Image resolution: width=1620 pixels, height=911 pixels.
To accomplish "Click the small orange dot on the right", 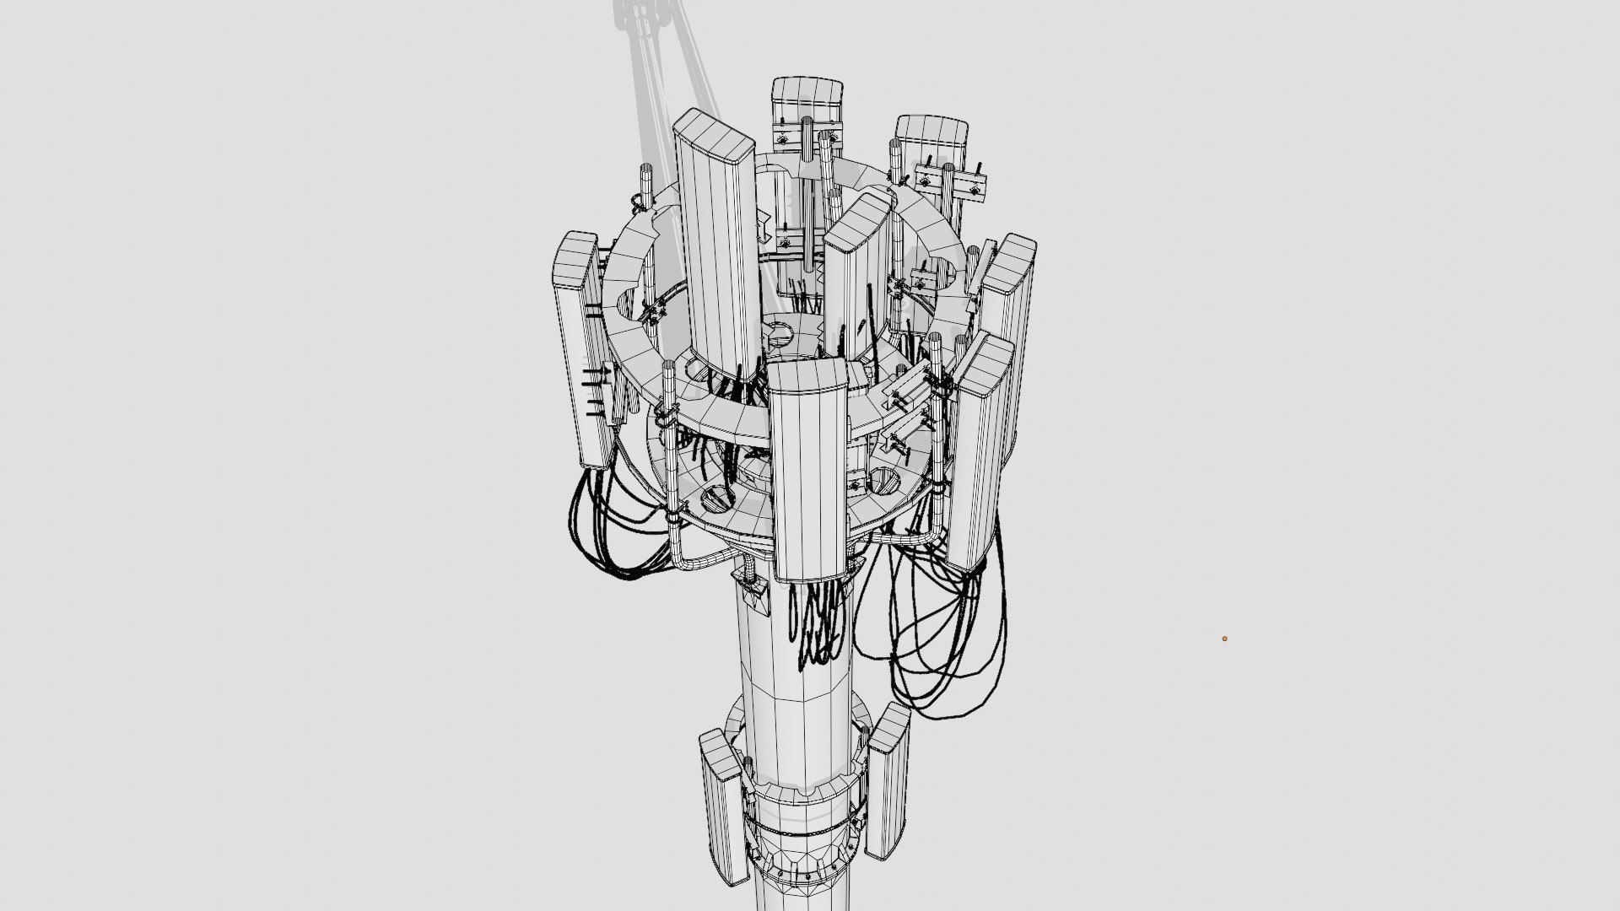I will click(x=1224, y=639).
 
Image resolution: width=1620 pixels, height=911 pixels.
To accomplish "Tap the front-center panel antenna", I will click(x=807, y=472).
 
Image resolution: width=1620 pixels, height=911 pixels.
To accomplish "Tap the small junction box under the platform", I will click(x=750, y=582).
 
